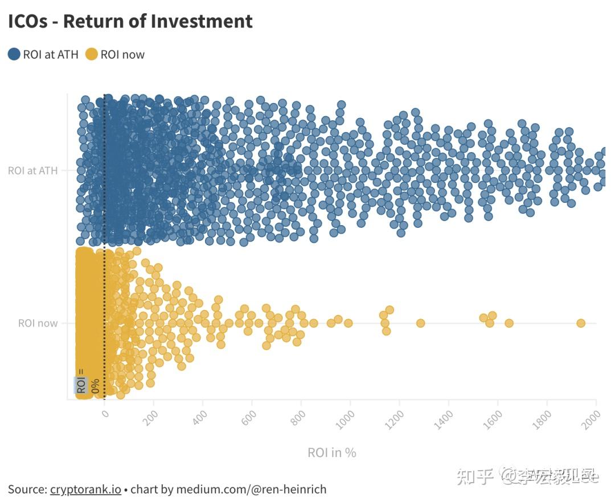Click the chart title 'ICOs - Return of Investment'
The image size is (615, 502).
click(x=130, y=21)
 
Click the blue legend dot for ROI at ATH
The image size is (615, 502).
click(x=14, y=55)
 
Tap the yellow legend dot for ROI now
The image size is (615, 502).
click(x=91, y=55)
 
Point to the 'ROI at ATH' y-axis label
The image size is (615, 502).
click(x=33, y=170)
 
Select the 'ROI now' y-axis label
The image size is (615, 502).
click(x=38, y=323)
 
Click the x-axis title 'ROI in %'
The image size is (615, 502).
click(x=331, y=452)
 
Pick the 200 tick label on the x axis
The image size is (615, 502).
click(x=151, y=417)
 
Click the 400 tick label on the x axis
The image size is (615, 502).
click(x=200, y=417)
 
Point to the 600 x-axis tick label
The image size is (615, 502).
click(x=249, y=417)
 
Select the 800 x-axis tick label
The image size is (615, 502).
click(x=298, y=417)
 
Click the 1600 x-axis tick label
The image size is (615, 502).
click(x=494, y=419)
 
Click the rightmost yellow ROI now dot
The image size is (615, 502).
click(x=581, y=323)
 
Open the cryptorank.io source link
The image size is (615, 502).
click(x=85, y=489)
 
